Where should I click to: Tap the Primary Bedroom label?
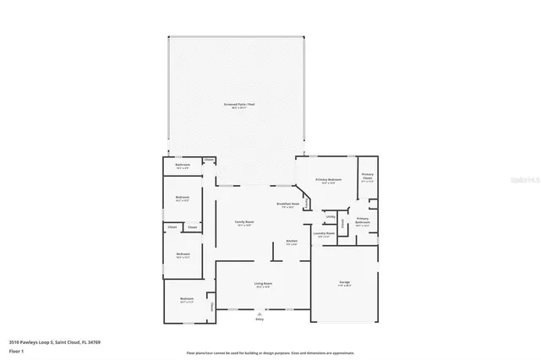point(329,180)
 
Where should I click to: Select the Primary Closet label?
point(367,178)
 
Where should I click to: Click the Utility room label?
point(331,216)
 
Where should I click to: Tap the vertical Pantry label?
point(342,224)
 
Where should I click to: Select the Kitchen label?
point(292,242)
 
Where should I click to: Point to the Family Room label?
point(244,222)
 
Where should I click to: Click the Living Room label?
point(263,285)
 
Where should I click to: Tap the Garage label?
point(345,282)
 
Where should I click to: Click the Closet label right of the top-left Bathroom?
point(208,159)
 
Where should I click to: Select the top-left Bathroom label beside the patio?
point(183,166)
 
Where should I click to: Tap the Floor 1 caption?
point(16,349)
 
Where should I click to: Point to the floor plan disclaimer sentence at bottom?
point(270,352)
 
